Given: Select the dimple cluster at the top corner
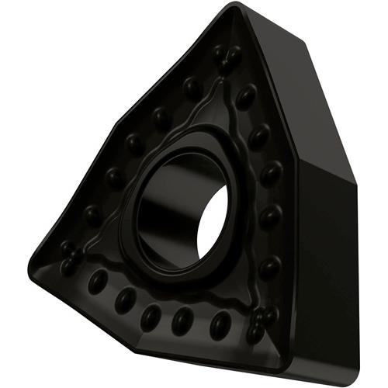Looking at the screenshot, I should [x=226, y=55].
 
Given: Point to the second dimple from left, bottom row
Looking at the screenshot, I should [x=124, y=299].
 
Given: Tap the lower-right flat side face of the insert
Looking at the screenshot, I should [x=326, y=256].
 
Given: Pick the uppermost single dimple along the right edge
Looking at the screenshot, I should [x=247, y=96].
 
